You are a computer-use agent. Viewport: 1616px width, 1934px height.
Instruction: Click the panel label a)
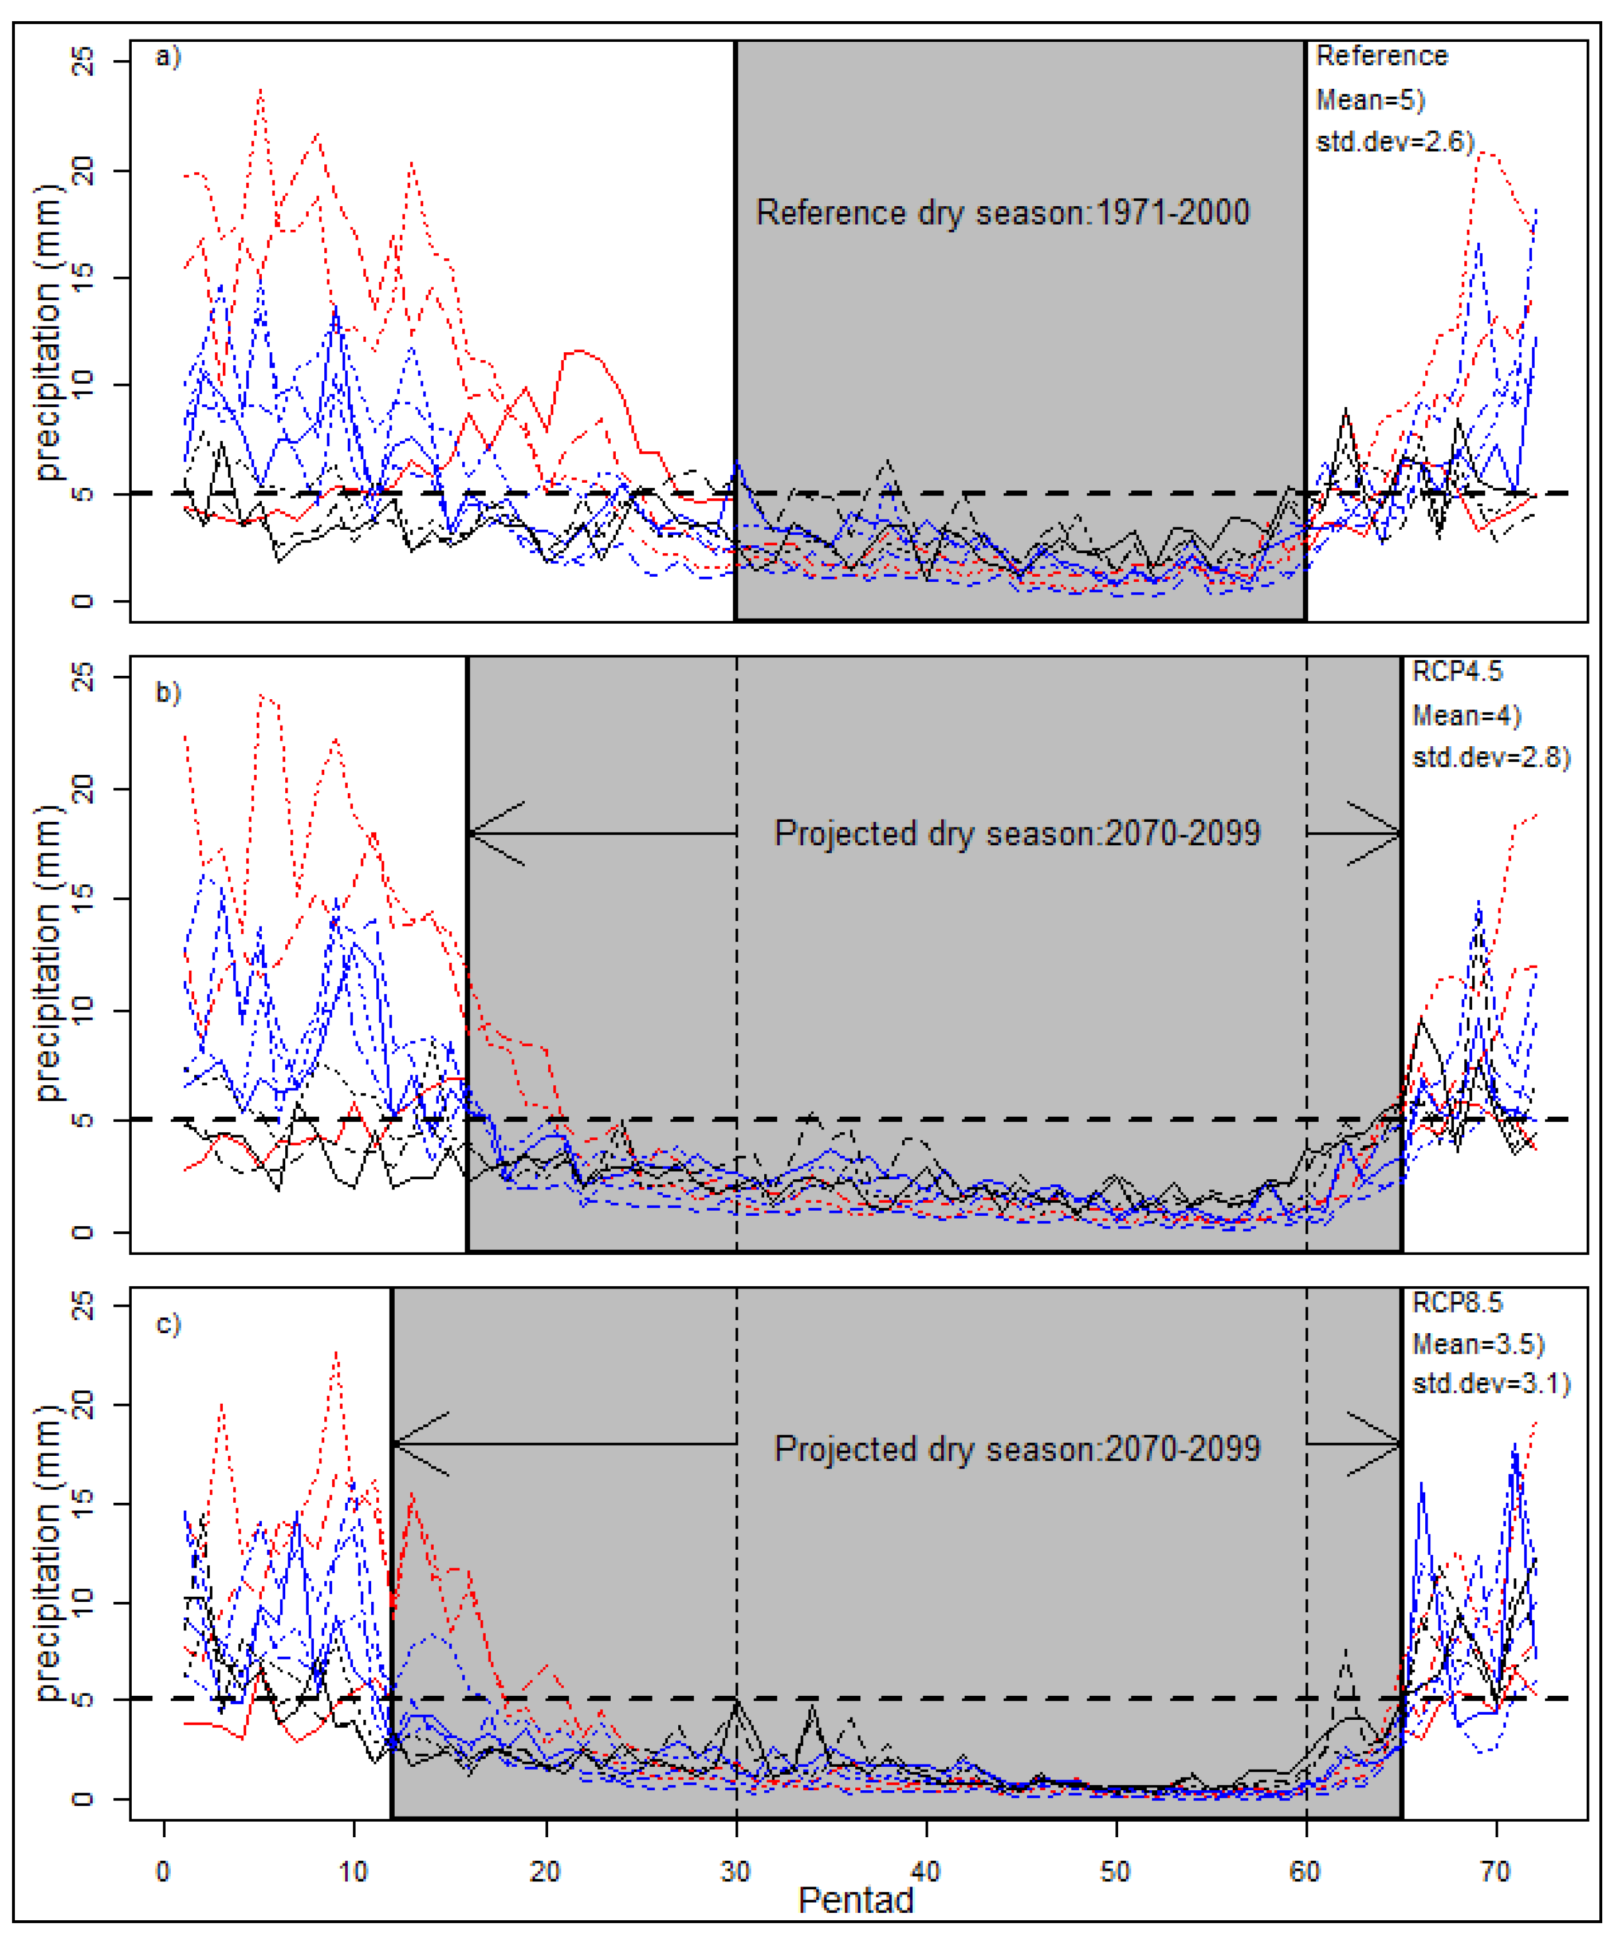coord(168,58)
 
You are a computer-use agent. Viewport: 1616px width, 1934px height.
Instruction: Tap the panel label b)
coord(168,692)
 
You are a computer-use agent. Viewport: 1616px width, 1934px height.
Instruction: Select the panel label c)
coord(168,1324)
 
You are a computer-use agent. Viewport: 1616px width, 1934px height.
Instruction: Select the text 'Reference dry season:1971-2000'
coord(1002,212)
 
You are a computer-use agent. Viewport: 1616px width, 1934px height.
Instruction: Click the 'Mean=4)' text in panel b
coord(1466,715)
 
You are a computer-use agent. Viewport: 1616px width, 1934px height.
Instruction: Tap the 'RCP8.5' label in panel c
coord(1457,1302)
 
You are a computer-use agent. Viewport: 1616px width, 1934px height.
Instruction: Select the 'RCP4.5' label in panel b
coord(1457,671)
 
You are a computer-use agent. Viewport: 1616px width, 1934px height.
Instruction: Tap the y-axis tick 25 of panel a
coord(83,62)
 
